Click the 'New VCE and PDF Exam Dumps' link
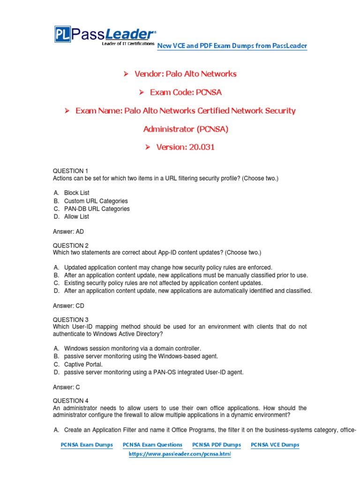232,45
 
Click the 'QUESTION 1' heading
70,171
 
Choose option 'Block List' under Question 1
76,193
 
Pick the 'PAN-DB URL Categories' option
97,209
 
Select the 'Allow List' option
76,217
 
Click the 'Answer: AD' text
68,232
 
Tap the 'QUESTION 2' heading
70,245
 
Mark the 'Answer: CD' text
68,306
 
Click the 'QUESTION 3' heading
70,320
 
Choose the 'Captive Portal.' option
83,364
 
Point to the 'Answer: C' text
66,387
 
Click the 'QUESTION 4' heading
70,401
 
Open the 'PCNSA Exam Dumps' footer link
87,445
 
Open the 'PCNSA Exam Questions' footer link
152,445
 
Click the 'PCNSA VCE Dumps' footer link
275,445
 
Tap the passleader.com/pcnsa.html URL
180,454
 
